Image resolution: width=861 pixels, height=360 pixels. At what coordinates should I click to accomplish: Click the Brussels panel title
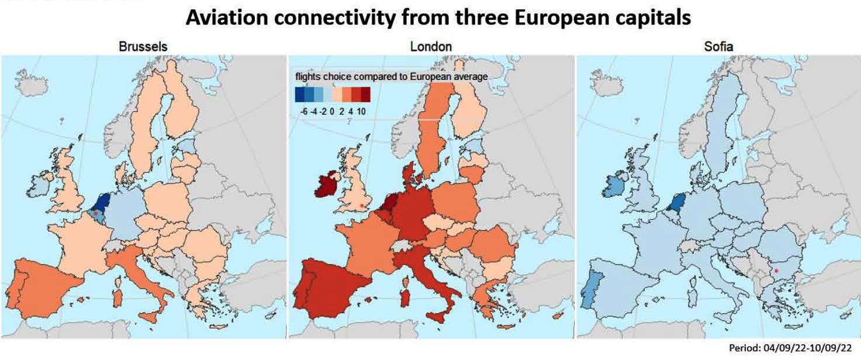coord(143,46)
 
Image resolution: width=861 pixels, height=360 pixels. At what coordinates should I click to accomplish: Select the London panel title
coord(431,46)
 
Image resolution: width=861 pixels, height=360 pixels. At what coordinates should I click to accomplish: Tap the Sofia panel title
coord(718,46)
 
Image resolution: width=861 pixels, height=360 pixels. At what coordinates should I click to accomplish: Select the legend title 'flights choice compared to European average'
coord(391,77)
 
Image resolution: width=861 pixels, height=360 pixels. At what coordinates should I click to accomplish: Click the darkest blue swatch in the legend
coord(300,94)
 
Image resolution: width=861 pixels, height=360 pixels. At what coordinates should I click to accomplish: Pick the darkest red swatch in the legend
coord(365,94)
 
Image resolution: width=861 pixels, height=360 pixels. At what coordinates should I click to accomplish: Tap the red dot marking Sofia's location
coord(776,271)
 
